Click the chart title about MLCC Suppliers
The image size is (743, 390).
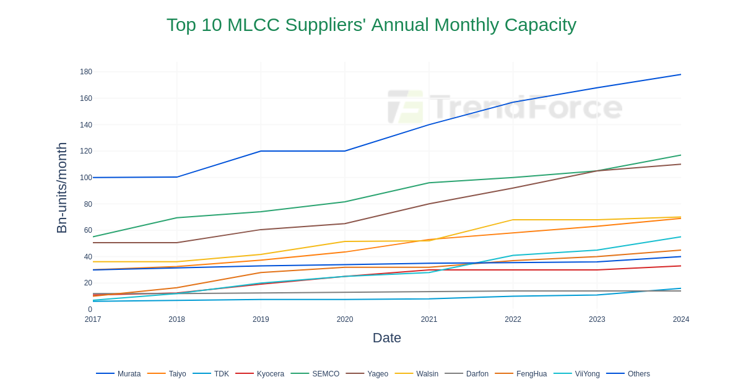click(x=371, y=25)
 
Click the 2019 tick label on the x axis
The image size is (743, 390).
click(x=261, y=319)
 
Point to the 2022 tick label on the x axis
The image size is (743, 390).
click(x=513, y=319)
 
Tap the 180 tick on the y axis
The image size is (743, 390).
click(x=86, y=72)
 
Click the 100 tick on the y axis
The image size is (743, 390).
click(x=86, y=178)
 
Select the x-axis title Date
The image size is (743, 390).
click(x=386, y=338)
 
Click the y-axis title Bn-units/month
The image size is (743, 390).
click(x=62, y=188)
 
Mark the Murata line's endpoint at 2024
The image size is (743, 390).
click(x=680, y=75)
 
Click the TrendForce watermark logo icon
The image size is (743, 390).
click(x=406, y=106)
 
